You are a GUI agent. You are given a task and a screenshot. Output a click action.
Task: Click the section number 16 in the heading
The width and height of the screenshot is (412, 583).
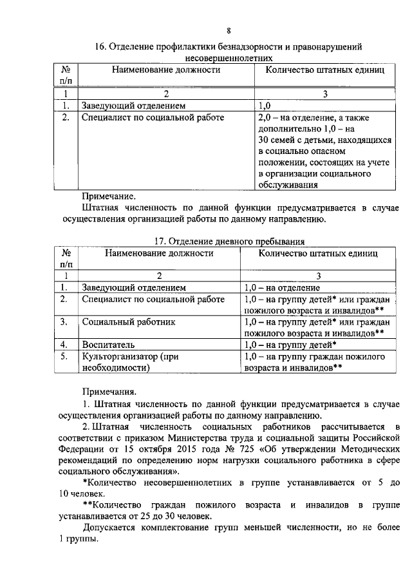coord(100,47)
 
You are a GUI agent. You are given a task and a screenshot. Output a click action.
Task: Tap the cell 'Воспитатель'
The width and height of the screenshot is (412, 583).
coord(108,345)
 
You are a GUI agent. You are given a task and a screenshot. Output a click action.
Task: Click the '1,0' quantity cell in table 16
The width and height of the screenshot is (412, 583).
coord(264,106)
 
